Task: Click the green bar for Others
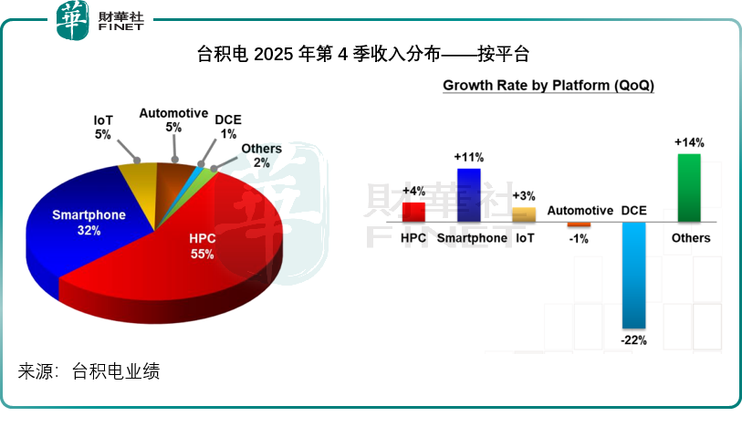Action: point(689,187)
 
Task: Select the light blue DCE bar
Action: point(632,274)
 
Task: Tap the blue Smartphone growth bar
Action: point(468,194)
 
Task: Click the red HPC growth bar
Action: point(413,212)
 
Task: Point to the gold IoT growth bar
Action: point(524,214)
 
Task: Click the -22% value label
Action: point(633,340)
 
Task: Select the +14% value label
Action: point(689,142)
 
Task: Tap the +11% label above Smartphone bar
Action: point(468,157)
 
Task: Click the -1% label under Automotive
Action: point(579,239)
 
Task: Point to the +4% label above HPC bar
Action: point(413,191)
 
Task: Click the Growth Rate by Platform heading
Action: point(548,86)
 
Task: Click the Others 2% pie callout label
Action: point(261,156)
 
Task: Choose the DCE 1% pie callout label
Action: point(228,126)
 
